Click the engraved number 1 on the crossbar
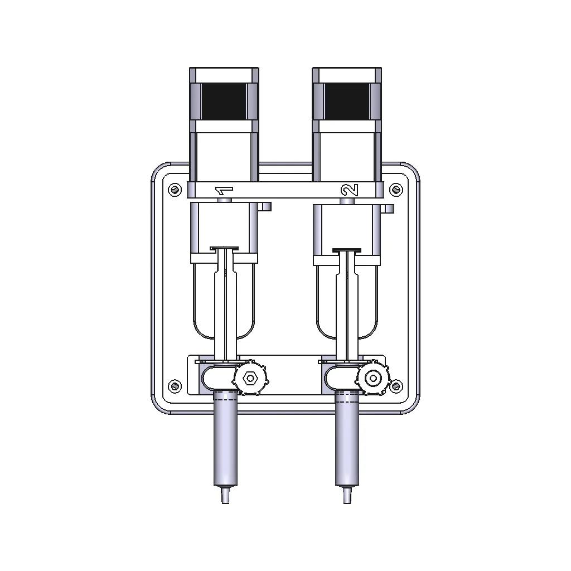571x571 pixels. click(224, 191)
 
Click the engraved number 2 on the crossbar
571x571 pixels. click(350, 190)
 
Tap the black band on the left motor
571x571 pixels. click(224, 101)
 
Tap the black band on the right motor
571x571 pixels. click(347, 101)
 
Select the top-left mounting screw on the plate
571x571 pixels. click(175, 190)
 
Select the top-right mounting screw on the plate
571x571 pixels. click(396, 190)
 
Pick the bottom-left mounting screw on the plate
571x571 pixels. click(175, 386)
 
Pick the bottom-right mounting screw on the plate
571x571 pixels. click(396, 386)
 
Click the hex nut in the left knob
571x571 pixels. click(250, 379)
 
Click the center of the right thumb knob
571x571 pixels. click(373, 378)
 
